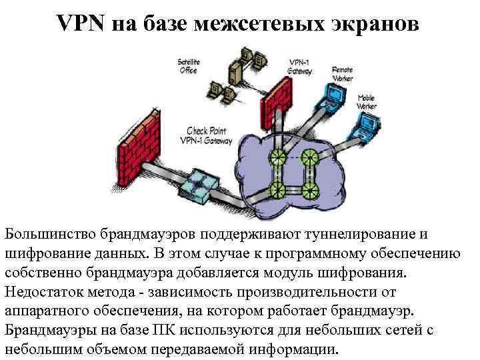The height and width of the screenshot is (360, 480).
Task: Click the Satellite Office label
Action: coord(189,67)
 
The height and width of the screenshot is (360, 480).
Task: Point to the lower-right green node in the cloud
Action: coord(308,189)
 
